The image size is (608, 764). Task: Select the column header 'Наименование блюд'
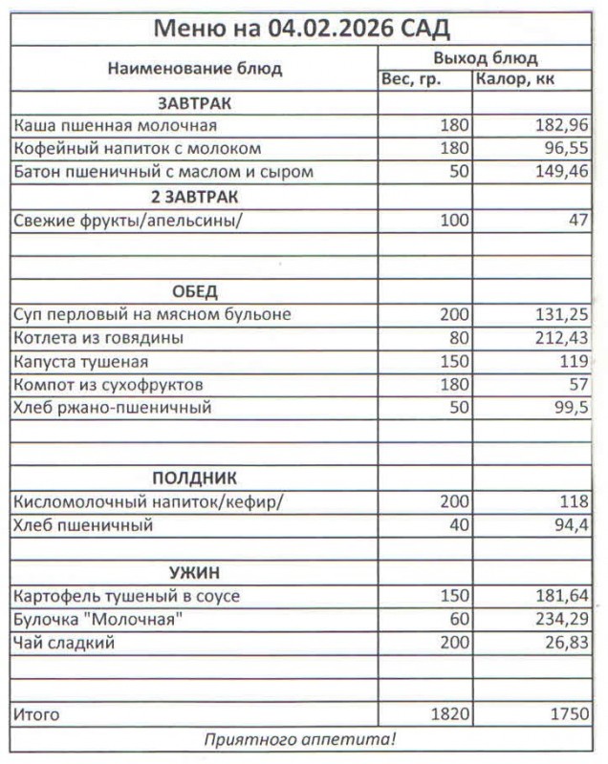point(194,69)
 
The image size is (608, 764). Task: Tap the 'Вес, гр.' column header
point(411,79)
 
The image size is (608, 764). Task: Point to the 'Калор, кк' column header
point(515,79)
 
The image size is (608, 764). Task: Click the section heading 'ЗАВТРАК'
point(194,102)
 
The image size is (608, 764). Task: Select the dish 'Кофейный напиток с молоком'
point(138,149)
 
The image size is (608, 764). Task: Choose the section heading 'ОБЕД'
point(194,290)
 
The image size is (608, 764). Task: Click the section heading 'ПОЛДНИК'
point(194,477)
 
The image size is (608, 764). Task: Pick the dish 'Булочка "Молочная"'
point(98,619)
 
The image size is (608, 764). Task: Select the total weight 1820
point(450,713)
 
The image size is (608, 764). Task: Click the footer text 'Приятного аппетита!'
point(301,738)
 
